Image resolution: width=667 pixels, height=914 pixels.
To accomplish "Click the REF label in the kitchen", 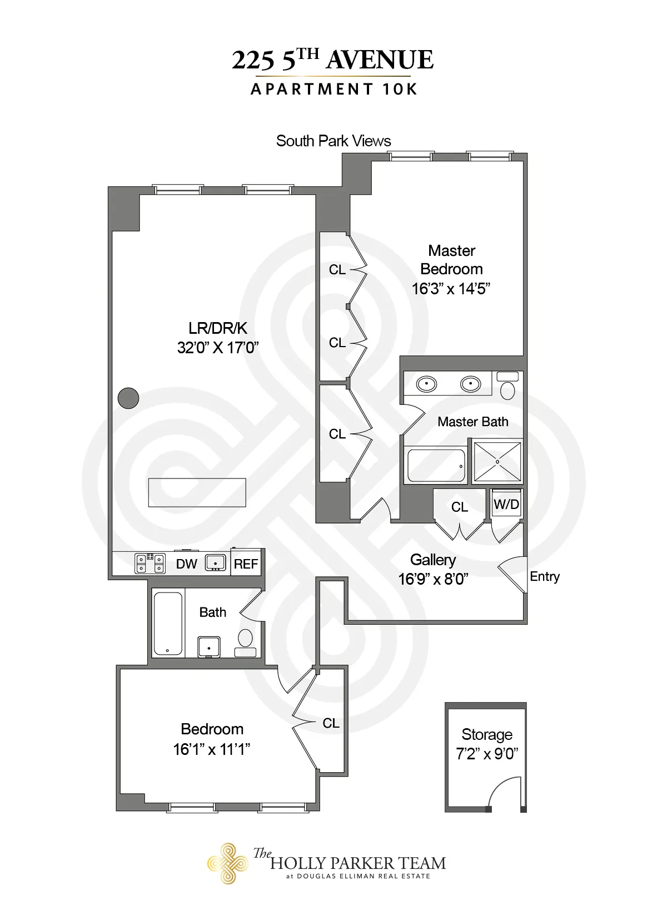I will [x=246, y=564].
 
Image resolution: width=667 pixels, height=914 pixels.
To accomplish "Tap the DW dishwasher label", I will [x=186, y=564].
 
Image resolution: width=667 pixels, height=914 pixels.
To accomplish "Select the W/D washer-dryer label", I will [x=506, y=505].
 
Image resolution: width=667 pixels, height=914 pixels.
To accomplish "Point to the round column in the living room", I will [x=128, y=398].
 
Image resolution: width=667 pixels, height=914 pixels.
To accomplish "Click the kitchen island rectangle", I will [x=197, y=492].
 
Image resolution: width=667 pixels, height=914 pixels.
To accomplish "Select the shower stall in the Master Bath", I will [x=497, y=461].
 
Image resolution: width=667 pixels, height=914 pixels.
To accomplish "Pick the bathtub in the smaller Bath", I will [x=167, y=623].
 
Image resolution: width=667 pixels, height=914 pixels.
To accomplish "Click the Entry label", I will [x=544, y=576].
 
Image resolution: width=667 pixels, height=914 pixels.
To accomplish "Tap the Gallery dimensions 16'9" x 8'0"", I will [x=433, y=579].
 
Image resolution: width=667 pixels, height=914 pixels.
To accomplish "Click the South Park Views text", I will [x=333, y=141].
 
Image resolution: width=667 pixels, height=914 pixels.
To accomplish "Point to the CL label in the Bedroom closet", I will [x=331, y=723].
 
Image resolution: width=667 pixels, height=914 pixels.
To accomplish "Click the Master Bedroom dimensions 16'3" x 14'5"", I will [x=451, y=289].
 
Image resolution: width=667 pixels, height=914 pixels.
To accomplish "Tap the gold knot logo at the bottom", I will [x=227, y=863].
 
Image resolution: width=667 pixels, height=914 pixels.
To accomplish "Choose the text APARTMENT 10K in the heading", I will [x=333, y=90].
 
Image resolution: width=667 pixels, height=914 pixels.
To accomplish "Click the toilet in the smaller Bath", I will [x=245, y=641].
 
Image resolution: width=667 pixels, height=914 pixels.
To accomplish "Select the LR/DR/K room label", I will [x=217, y=328].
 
